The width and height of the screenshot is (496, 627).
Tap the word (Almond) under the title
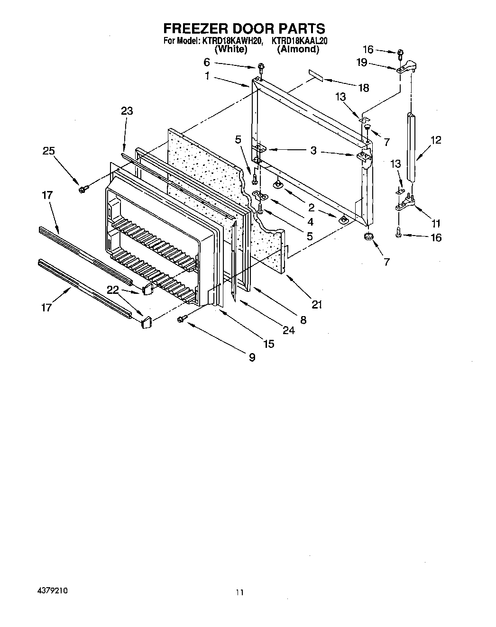[x=298, y=49]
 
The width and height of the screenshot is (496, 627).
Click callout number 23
[x=127, y=111]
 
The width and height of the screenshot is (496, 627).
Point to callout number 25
[x=48, y=151]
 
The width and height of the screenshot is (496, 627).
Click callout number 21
[x=317, y=304]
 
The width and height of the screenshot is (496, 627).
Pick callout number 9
[x=252, y=357]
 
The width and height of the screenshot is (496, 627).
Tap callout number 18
[x=364, y=88]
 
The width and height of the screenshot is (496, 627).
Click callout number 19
[x=362, y=62]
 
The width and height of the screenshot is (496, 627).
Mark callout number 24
[x=288, y=330]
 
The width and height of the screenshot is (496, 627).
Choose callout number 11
[x=435, y=223]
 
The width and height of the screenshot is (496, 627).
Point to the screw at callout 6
[x=261, y=66]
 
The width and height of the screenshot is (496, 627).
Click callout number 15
[x=269, y=344]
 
